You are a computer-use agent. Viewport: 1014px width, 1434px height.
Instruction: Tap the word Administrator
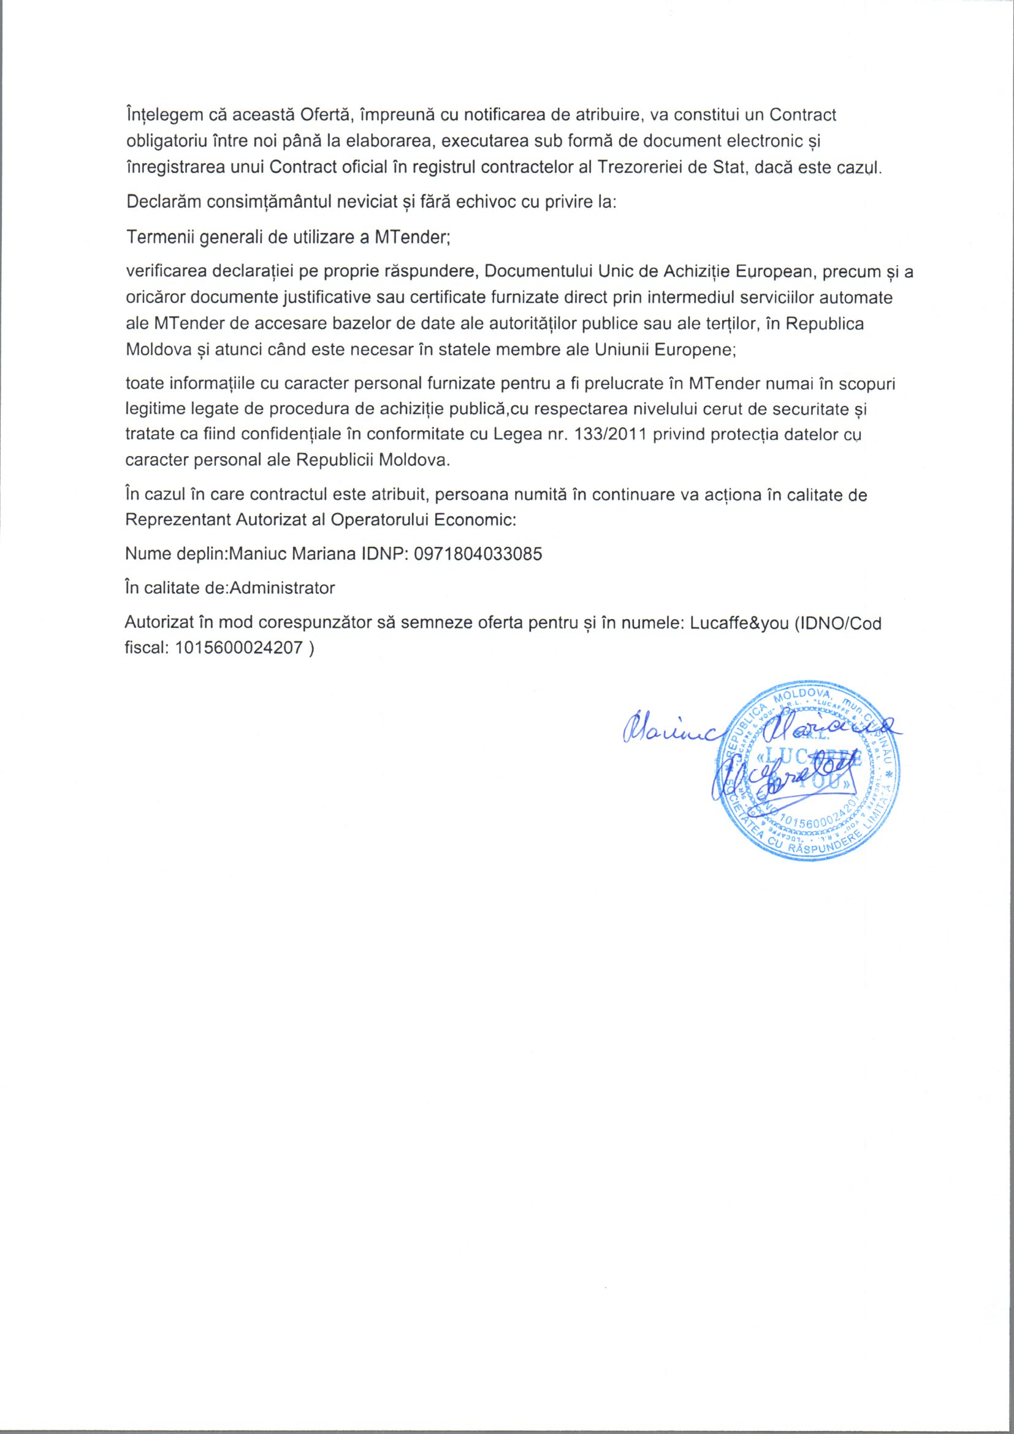[283, 589]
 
